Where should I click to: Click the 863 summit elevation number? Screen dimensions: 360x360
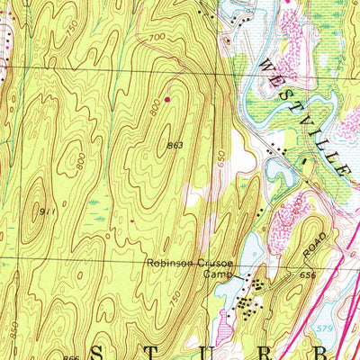click(176, 144)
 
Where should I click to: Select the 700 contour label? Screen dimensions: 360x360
click(158, 38)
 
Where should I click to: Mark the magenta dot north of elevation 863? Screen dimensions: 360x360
click(167, 98)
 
